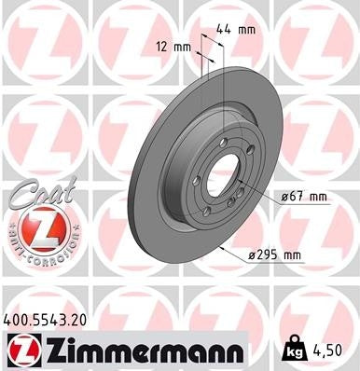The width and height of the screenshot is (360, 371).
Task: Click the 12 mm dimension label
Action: click(173, 46)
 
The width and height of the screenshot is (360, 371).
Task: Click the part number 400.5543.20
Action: click(51, 319)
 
